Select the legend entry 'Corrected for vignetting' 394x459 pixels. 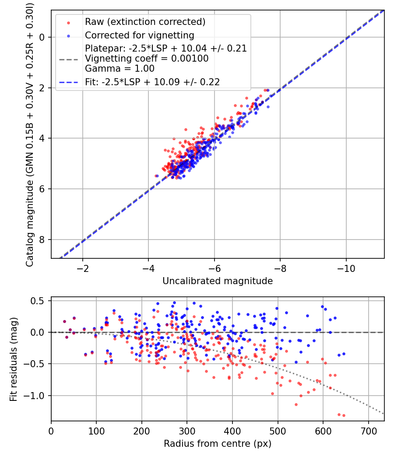pyautogui.click(x=139, y=35)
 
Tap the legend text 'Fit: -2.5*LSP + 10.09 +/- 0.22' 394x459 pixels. pyautogui.click(x=152, y=81)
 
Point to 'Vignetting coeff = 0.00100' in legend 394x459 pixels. pyautogui.click(x=147, y=58)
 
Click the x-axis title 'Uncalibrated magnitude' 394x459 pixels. pyautogui.click(x=218, y=281)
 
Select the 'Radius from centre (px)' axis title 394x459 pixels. pyautogui.click(x=218, y=444)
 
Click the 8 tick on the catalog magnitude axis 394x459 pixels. pyautogui.click(x=42, y=240)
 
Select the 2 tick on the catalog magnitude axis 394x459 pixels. pyautogui.click(x=42, y=88)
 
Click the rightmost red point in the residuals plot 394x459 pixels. pyautogui.click(x=344, y=415)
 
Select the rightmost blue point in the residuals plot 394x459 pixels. pyautogui.click(x=344, y=354)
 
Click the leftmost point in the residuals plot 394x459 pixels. pyautogui.click(x=64, y=321)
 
